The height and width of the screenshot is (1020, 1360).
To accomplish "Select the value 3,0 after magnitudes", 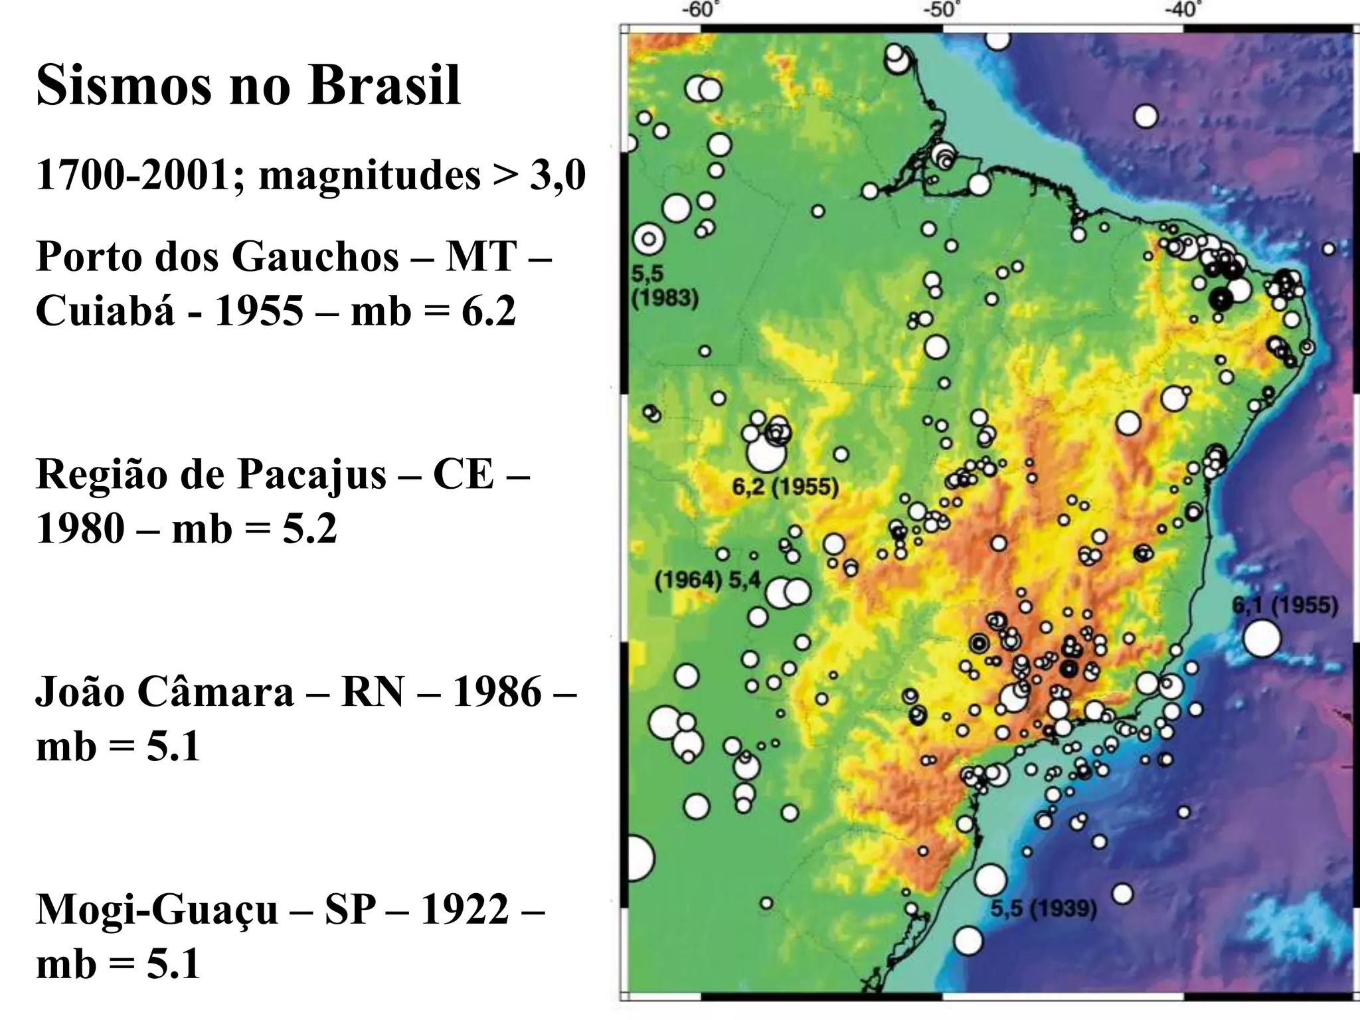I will pyautogui.click(x=558, y=176).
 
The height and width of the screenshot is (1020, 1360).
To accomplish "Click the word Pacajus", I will pyautogui.click(x=311, y=474).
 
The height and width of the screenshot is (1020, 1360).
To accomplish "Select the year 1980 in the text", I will pyautogui.click(x=80, y=529).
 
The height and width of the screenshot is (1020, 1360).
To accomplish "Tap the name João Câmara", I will pyautogui.click(x=164, y=692).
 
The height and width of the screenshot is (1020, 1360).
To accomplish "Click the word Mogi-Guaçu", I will pyautogui.click(x=157, y=910).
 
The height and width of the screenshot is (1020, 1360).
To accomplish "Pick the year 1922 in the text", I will pyautogui.click(x=465, y=910).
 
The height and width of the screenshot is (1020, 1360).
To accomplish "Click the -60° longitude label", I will pyautogui.click(x=702, y=10).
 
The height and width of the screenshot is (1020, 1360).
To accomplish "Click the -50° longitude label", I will pyautogui.click(x=942, y=10).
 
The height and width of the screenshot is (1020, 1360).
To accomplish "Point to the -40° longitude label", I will pyautogui.click(x=1183, y=10).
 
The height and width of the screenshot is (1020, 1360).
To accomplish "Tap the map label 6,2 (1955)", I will pyautogui.click(x=785, y=487).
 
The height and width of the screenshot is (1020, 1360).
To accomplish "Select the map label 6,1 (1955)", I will pyautogui.click(x=1284, y=605).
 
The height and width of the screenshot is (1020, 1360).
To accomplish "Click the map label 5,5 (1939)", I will pyautogui.click(x=1043, y=908).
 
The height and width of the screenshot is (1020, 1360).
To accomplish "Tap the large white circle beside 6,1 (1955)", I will pyautogui.click(x=1262, y=638).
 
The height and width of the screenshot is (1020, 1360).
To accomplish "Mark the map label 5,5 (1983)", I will pyautogui.click(x=664, y=286).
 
